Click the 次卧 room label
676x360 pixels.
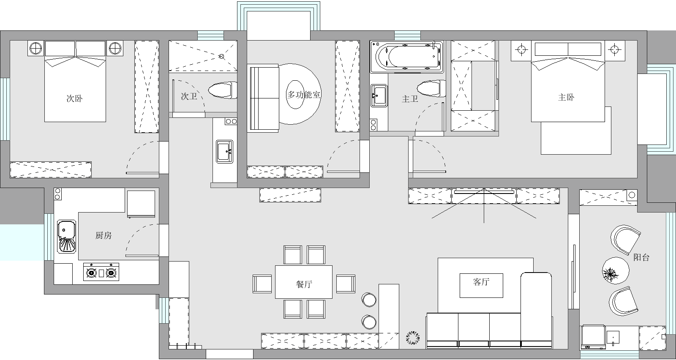point(74,98)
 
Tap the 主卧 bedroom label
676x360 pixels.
point(566,97)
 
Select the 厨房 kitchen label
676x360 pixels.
point(104,235)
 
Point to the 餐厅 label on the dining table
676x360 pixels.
point(304,284)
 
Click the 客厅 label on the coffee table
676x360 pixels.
point(481,282)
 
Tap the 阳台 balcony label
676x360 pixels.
point(641,257)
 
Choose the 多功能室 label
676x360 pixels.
point(304,95)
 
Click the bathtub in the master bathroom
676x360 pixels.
point(407,57)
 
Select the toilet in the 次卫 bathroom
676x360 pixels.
point(223,90)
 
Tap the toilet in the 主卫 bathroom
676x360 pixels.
point(431,88)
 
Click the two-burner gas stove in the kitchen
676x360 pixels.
point(101,272)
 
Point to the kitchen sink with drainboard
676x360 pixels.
point(67,237)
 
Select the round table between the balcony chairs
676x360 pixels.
point(616,270)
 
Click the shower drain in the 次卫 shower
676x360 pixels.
point(221,56)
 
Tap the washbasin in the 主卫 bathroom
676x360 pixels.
point(379,95)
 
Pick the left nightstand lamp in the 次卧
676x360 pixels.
point(36,48)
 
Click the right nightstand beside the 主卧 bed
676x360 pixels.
point(614,50)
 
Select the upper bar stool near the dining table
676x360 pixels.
point(369,299)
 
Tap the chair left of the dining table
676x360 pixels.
point(262,284)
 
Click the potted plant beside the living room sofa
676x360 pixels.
point(413,337)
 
